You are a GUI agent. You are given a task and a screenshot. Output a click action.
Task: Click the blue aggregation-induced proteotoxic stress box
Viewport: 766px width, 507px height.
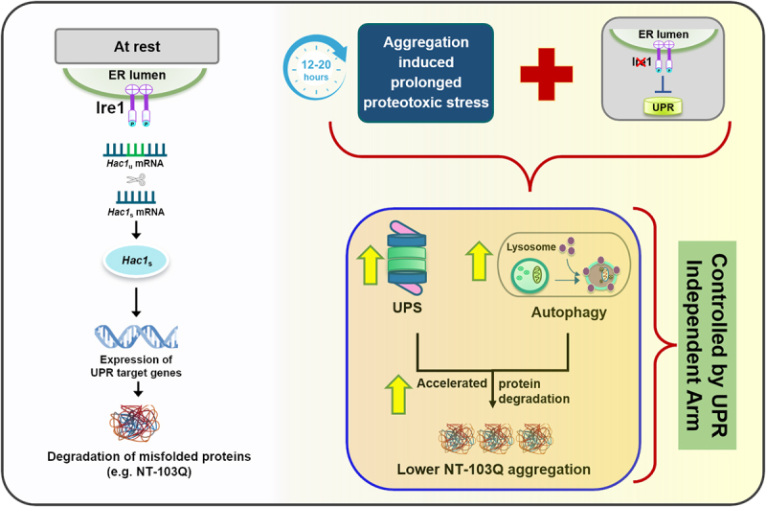click(x=426, y=74)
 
